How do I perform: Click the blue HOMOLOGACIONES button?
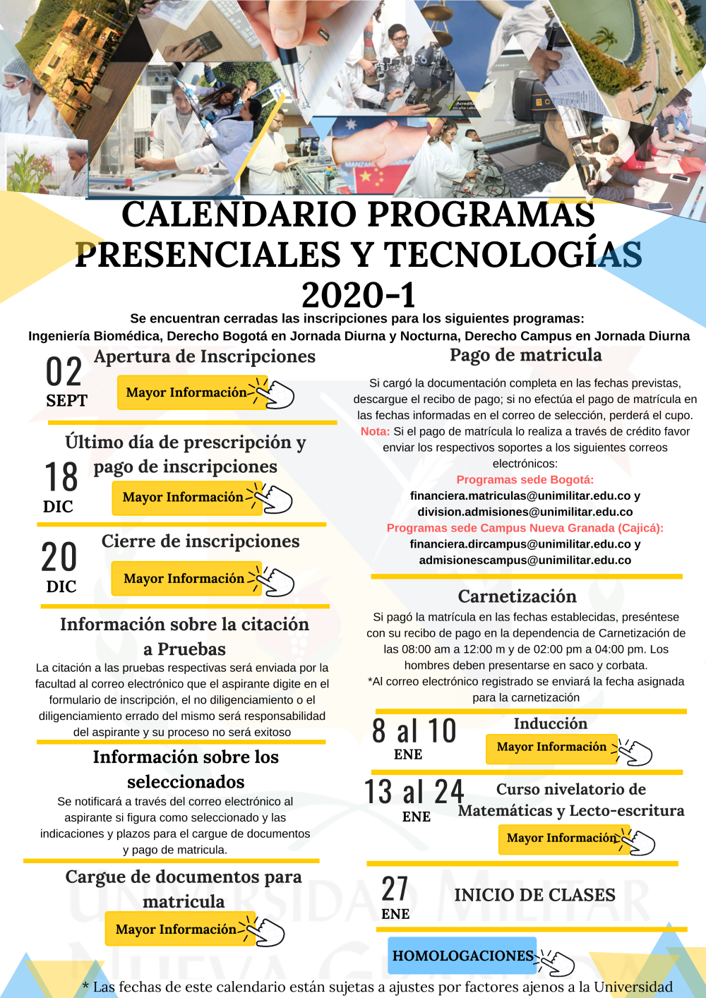[x=462, y=956]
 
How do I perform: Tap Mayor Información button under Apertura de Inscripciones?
[x=186, y=392]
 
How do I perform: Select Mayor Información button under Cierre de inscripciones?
[x=184, y=579]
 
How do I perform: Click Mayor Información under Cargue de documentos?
[x=176, y=930]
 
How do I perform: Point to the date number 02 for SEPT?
[x=64, y=371]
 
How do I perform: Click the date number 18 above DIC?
[x=61, y=477]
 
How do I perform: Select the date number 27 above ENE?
[x=395, y=889]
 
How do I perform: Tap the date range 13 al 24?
[x=414, y=792]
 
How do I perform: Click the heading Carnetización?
[x=517, y=596]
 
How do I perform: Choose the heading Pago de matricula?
[x=526, y=355]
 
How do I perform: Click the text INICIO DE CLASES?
[x=534, y=895]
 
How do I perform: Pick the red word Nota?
[x=375, y=431]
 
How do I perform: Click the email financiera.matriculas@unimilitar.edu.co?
[x=520, y=495]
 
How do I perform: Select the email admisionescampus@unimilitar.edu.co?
[x=525, y=560]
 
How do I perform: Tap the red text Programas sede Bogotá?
[x=525, y=480]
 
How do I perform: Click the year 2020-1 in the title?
[x=359, y=295]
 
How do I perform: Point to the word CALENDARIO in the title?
[x=239, y=215]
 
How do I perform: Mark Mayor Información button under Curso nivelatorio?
[x=561, y=838]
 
